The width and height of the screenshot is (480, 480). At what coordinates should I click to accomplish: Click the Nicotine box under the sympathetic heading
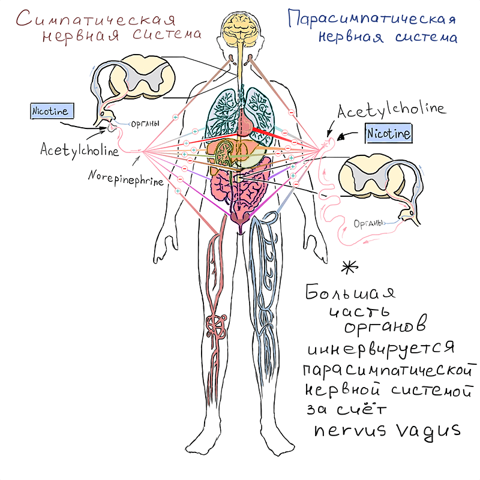(x=52, y=110)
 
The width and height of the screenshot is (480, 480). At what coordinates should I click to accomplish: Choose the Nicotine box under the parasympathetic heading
(x=389, y=133)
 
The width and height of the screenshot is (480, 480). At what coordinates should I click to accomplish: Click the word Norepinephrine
(x=125, y=178)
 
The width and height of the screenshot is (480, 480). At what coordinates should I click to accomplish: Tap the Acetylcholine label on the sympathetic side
(x=79, y=150)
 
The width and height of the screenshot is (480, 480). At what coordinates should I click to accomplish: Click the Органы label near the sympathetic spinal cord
(x=145, y=124)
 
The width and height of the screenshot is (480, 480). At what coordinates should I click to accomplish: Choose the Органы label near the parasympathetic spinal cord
(x=368, y=224)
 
